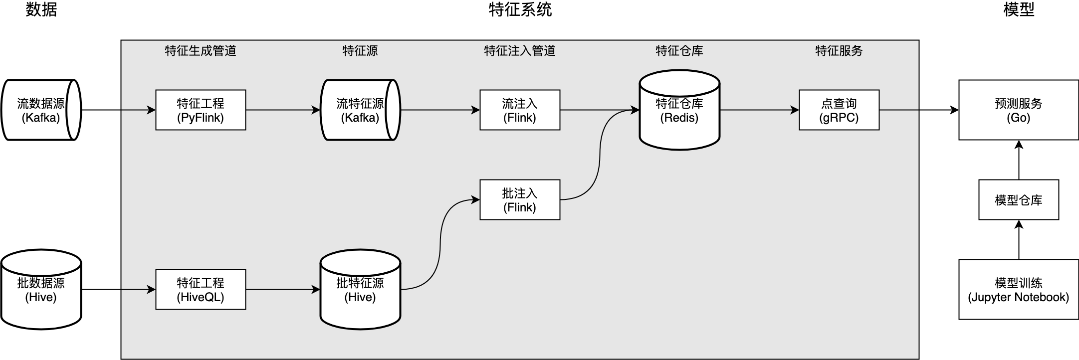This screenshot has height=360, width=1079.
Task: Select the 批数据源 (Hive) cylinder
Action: [41, 290]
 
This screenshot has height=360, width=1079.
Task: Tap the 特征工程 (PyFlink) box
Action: [201, 110]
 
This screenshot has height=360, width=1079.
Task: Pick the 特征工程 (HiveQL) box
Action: [201, 290]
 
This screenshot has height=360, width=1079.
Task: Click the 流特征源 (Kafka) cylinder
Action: [360, 110]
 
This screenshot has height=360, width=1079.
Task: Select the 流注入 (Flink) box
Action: [519, 110]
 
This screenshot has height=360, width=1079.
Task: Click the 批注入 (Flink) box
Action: [519, 200]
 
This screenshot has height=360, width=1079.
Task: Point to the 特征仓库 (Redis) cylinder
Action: [679, 110]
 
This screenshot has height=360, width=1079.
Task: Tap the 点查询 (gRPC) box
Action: [839, 110]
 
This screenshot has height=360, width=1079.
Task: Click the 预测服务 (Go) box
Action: [1018, 110]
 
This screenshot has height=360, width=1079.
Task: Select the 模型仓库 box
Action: [1018, 200]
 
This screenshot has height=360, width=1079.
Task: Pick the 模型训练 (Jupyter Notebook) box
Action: [1018, 290]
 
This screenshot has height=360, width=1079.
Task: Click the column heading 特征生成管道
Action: [201, 51]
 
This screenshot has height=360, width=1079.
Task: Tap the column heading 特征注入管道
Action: [519, 51]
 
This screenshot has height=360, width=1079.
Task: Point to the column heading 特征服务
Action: [839, 51]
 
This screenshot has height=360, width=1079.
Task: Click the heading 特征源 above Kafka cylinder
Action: [360, 51]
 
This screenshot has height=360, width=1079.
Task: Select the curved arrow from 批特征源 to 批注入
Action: [440, 244]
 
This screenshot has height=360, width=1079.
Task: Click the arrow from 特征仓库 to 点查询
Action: [758, 110]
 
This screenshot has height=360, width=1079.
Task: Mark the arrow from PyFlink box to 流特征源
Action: [282, 110]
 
